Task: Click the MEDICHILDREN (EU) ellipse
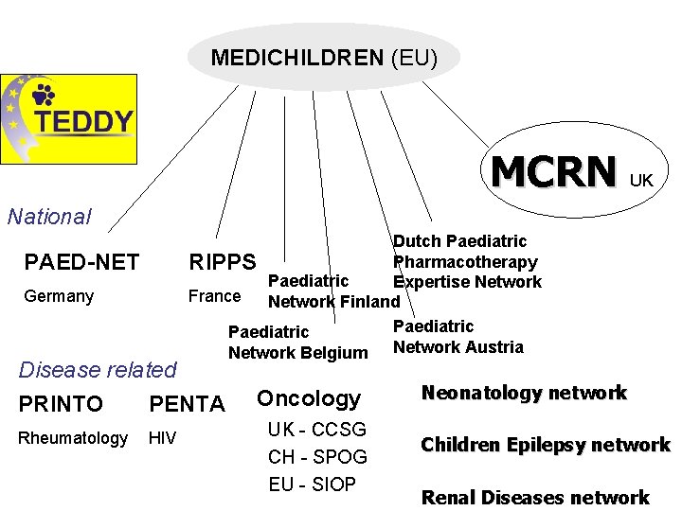click(324, 58)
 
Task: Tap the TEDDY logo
click(68, 119)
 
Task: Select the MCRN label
click(553, 172)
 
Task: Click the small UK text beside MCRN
click(641, 180)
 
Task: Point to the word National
click(49, 217)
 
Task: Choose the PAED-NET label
click(81, 262)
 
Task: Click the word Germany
click(59, 296)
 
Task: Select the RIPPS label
click(223, 262)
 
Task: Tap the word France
click(214, 296)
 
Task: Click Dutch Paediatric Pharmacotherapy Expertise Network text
click(466, 262)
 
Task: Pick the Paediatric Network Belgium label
click(297, 343)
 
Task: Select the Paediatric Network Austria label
click(458, 337)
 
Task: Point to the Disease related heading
click(98, 369)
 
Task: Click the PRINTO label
click(61, 404)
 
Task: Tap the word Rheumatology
click(75, 438)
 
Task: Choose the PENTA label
click(187, 405)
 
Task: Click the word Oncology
click(309, 399)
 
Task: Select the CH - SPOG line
click(317, 457)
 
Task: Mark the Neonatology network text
click(524, 393)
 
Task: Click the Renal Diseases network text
click(535, 497)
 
